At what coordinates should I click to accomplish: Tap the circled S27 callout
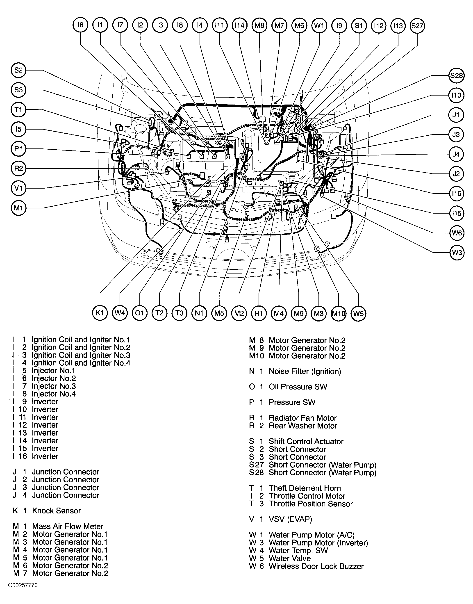[x=417, y=26]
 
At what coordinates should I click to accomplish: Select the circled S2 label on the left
[x=18, y=70]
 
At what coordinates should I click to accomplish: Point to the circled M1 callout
[x=18, y=208]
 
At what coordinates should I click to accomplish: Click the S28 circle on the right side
[x=456, y=75]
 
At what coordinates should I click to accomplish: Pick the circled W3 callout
[x=457, y=253]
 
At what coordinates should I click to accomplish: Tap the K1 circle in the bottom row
[x=100, y=313]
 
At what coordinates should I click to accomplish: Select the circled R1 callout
[x=259, y=313]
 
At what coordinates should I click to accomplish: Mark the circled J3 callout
[x=456, y=134]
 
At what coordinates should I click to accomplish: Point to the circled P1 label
[x=18, y=149]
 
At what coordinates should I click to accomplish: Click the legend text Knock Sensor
[x=56, y=511]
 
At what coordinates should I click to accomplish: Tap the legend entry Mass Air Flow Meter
[x=68, y=526]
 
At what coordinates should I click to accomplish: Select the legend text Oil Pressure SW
[x=298, y=387]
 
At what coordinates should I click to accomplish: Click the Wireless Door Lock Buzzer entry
[x=316, y=566]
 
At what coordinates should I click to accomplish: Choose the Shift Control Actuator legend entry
[x=306, y=441]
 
